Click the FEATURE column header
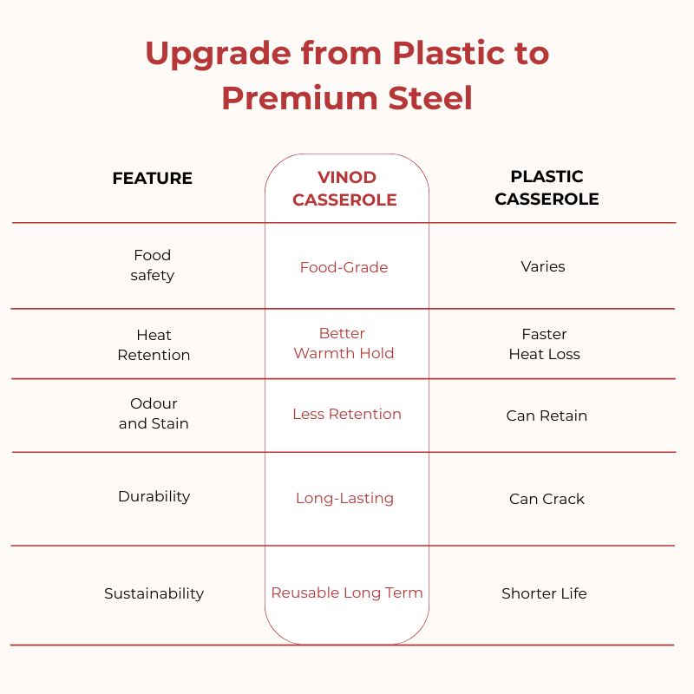tap(153, 179)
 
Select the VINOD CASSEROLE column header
tap(344, 188)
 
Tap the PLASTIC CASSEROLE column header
tap(547, 187)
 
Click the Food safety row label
tap(153, 265)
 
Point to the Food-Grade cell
tap(344, 267)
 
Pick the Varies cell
tap(543, 266)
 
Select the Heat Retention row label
tap(154, 344)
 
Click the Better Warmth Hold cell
tap(344, 343)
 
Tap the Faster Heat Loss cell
tap(545, 344)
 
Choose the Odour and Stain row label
tap(154, 414)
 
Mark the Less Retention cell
tap(347, 414)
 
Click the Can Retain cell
tap(547, 416)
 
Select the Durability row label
tap(154, 496)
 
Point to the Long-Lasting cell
tap(344, 498)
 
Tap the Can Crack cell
tap(547, 499)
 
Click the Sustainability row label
tap(154, 593)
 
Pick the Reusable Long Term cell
tap(347, 593)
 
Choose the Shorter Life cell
tap(544, 593)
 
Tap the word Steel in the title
tap(430, 98)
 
